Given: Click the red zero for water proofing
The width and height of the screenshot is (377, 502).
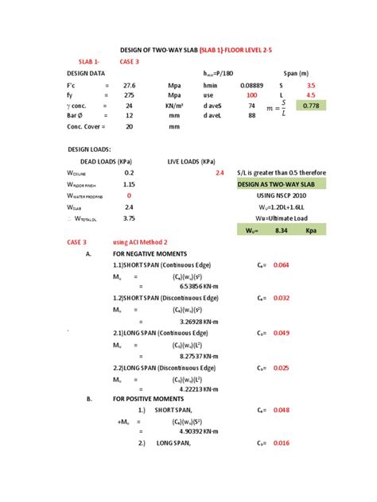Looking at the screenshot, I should tap(129, 195).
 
